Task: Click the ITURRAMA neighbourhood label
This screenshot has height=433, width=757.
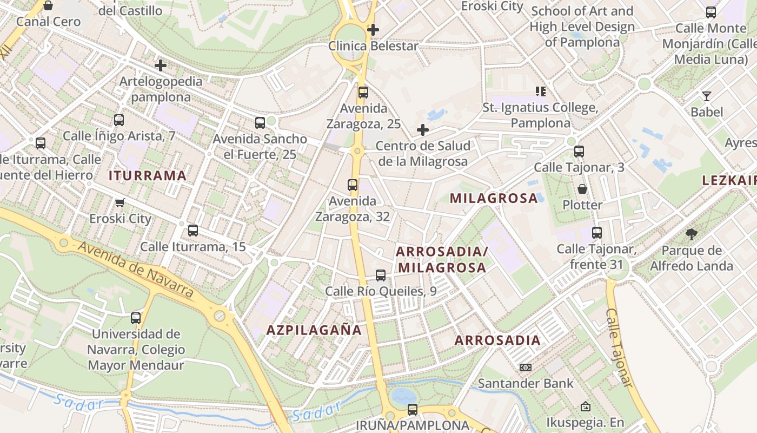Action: tap(148, 175)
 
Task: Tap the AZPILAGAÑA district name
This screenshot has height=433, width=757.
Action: tap(314, 330)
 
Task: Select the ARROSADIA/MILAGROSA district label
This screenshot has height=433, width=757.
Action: tap(442, 259)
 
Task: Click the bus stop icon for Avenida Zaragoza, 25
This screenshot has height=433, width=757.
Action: tap(363, 93)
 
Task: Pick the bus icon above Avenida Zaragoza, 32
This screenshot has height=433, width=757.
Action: tap(353, 185)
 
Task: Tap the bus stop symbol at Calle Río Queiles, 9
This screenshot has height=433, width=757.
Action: tap(381, 275)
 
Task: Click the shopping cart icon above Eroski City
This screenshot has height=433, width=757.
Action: tap(120, 203)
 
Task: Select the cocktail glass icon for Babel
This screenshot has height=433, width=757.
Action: tap(706, 96)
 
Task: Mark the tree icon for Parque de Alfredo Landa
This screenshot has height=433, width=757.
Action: tap(691, 234)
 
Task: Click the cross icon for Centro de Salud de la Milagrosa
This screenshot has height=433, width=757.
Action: tap(423, 130)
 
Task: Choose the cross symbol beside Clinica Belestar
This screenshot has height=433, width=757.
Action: tap(373, 30)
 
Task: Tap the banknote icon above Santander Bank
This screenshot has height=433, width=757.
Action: tap(525, 368)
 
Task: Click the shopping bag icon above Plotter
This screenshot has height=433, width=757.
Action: tap(582, 189)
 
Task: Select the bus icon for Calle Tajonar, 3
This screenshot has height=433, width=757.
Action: tap(579, 152)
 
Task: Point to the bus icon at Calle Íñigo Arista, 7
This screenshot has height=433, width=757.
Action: tap(119, 120)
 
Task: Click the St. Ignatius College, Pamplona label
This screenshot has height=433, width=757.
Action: tap(540, 115)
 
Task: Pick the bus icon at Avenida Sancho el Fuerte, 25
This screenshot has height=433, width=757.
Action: tap(260, 123)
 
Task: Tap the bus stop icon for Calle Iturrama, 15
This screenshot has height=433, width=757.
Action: tap(193, 231)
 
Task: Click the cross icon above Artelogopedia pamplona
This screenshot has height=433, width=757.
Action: tap(161, 65)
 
